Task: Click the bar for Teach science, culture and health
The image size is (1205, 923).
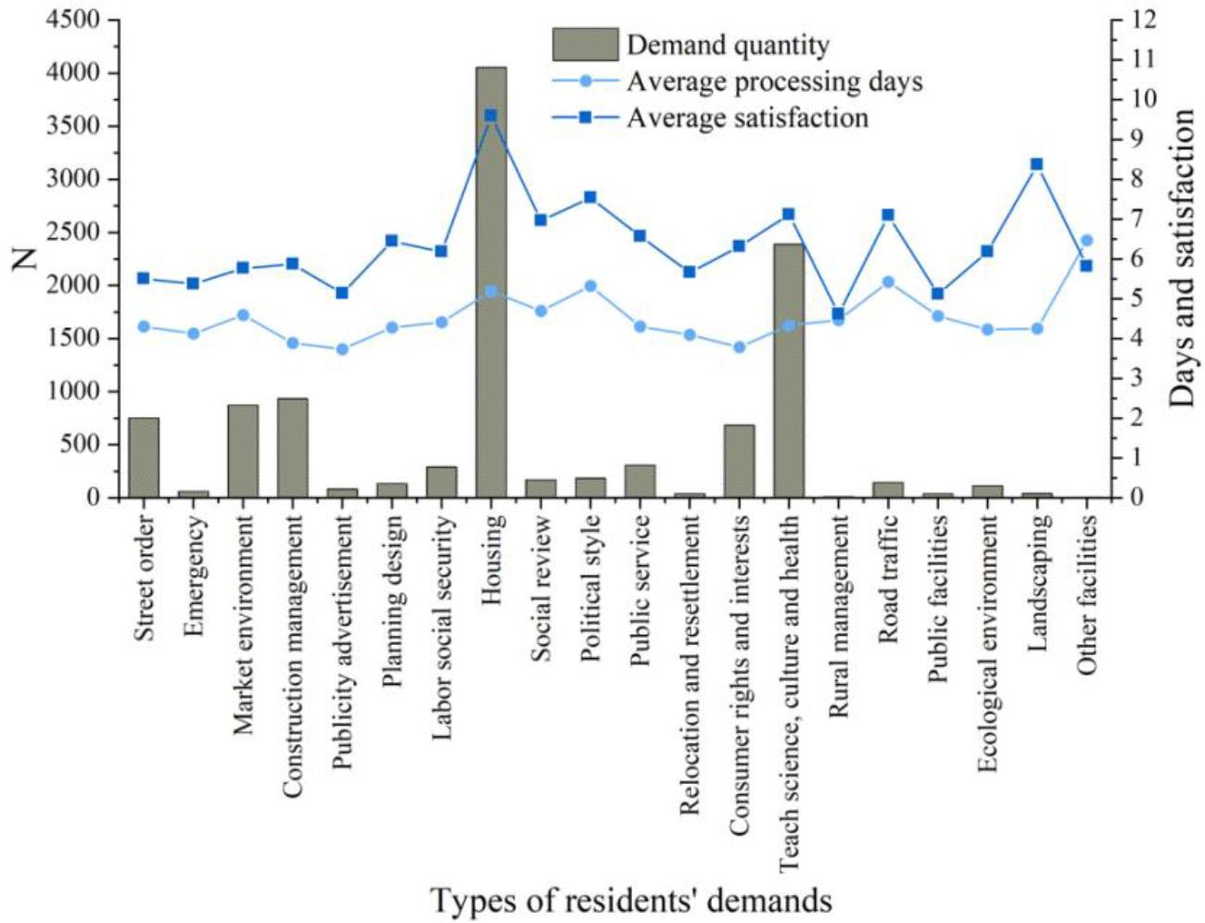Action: click(x=789, y=371)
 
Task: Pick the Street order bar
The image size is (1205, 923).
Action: click(x=144, y=458)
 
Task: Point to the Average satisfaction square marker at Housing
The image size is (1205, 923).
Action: click(x=491, y=116)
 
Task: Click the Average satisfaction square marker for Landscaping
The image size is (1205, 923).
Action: click(x=1037, y=164)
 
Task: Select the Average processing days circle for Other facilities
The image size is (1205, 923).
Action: click(x=1087, y=241)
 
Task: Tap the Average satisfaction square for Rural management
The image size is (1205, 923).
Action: click(x=838, y=314)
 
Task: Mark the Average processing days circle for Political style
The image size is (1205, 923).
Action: click(x=590, y=286)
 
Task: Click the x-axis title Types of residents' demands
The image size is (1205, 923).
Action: click(x=630, y=900)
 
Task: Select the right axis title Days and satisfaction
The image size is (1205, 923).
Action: click(x=1182, y=259)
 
